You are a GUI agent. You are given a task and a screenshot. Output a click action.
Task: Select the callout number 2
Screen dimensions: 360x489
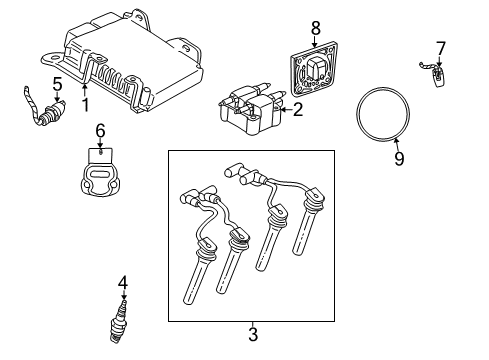(x=297, y=111)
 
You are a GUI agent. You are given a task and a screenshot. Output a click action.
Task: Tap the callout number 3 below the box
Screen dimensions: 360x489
(x=252, y=333)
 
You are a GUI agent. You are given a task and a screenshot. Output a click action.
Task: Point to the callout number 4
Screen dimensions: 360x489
(x=123, y=284)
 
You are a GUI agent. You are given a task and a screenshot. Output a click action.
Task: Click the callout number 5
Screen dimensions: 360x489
(x=57, y=83)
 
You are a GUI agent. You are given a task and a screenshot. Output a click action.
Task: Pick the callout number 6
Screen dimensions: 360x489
(x=100, y=130)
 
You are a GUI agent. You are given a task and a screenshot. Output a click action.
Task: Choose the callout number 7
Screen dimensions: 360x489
(x=440, y=48)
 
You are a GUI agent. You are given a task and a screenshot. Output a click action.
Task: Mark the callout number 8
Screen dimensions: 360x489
(x=317, y=29)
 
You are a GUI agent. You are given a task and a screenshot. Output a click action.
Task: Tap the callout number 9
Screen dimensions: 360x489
(x=399, y=158)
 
